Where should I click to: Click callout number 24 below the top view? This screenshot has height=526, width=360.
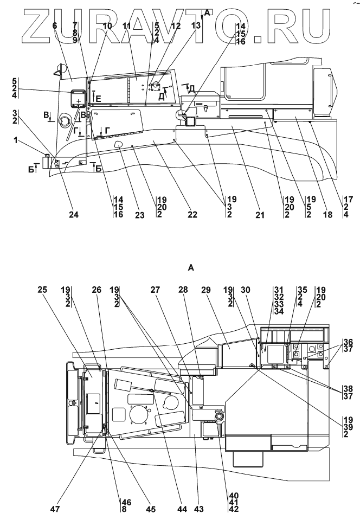(74, 214)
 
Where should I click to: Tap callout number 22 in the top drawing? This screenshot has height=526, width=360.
(192, 214)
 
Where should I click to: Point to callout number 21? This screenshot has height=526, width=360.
(260, 214)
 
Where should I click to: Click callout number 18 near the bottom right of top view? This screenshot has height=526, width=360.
(327, 214)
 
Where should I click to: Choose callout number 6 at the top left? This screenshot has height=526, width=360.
(55, 25)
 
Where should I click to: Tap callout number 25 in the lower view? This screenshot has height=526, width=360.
(43, 290)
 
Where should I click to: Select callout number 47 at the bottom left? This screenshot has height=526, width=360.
(55, 509)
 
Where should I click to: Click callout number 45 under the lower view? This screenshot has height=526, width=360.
(151, 509)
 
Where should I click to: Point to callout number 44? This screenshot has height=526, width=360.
(182, 509)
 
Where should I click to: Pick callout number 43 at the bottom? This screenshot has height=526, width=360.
(199, 509)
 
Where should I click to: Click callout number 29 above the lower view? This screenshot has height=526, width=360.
(205, 290)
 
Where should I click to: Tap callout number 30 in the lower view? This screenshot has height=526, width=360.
(246, 290)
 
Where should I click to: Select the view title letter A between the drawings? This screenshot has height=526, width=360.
(191, 268)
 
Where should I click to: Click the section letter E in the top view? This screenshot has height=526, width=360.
(98, 99)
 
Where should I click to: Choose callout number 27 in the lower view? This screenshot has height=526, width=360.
(155, 290)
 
